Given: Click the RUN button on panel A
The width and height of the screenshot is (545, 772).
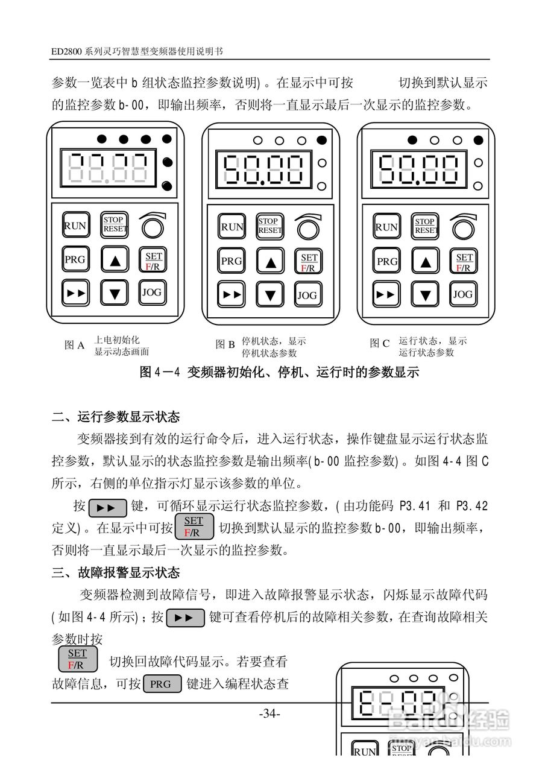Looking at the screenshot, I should [75, 226].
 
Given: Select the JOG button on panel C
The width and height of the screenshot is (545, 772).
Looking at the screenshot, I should [462, 294].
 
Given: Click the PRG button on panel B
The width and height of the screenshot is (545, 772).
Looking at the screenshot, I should [231, 261].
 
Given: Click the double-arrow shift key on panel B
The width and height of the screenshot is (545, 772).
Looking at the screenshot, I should [231, 295].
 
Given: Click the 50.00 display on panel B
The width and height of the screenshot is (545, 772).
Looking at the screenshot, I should [261, 169].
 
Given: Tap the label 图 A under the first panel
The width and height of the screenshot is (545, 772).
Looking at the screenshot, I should [74, 346].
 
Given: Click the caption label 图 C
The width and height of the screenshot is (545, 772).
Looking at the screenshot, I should [380, 344].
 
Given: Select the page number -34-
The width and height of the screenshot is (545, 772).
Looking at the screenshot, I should [269, 714].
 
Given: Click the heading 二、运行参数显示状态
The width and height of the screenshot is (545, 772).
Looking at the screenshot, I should [116, 417].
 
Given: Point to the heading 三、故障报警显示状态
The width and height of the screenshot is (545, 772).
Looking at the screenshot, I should [116, 572].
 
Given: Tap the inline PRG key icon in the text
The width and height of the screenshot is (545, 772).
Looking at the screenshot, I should [162, 684].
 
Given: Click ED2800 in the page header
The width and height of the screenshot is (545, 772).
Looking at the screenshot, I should [67, 52].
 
